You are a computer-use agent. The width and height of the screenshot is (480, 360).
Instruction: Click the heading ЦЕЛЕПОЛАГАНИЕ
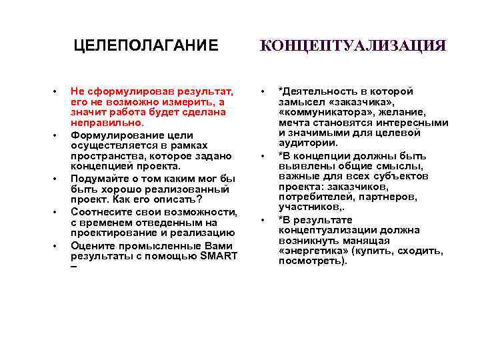(145, 45)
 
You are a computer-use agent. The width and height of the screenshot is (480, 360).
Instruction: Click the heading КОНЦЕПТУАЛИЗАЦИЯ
(353, 45)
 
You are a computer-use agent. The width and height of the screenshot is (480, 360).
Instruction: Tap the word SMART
(218, 256)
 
